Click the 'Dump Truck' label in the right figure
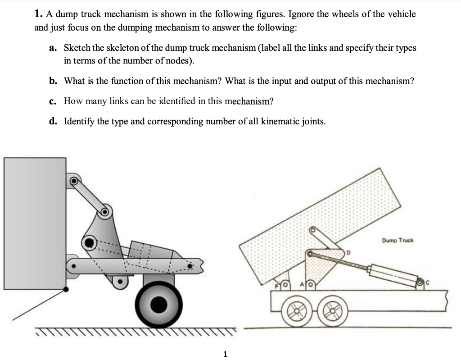point(398,240)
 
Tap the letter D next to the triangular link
point(348,253)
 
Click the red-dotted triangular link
point(320,266)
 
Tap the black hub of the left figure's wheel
point(158,305)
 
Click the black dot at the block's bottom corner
point(67,290)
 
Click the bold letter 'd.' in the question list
point(53,121)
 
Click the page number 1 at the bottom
point(226,354)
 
